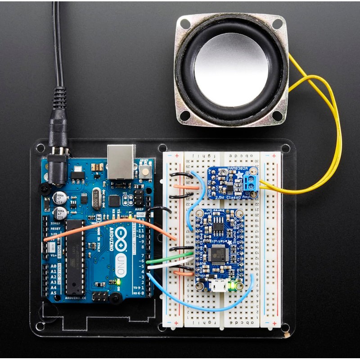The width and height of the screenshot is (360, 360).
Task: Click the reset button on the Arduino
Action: [x=145, y=171]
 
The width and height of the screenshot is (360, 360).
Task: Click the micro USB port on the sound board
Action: [x=219, y=287]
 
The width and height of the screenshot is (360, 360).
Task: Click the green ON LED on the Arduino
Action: [x=119, y=282]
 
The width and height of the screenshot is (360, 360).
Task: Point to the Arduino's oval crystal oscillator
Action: [x=96, y=198]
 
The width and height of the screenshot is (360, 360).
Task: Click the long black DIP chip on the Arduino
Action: [x=75, y=256]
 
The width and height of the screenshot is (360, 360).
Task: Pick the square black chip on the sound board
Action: [x=220, y=254]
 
